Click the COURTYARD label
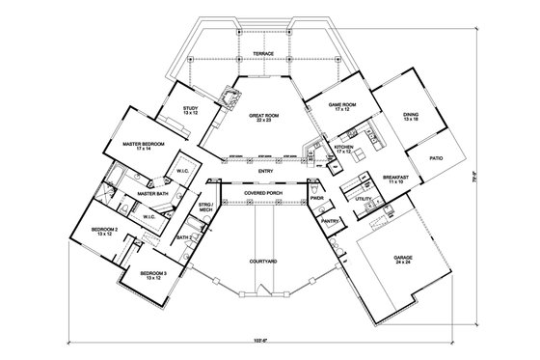262,262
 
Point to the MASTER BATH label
153,195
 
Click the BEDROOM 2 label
105,232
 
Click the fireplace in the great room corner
229,97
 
